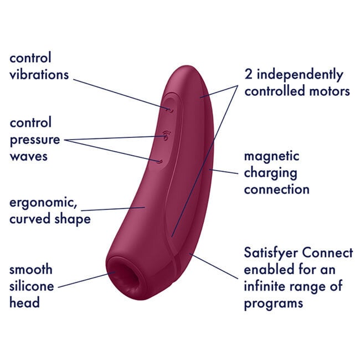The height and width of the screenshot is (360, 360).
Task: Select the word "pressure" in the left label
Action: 34,140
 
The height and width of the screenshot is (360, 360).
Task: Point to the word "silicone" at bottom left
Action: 32,286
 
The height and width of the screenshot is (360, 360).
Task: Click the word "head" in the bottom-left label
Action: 24,302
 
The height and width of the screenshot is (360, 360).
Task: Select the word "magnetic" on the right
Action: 271,156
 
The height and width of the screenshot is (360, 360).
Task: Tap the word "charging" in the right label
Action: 271,173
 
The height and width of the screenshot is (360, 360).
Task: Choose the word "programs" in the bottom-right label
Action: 274,304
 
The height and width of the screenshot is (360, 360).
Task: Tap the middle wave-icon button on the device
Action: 166,135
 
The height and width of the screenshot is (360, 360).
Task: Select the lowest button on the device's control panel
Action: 160,162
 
